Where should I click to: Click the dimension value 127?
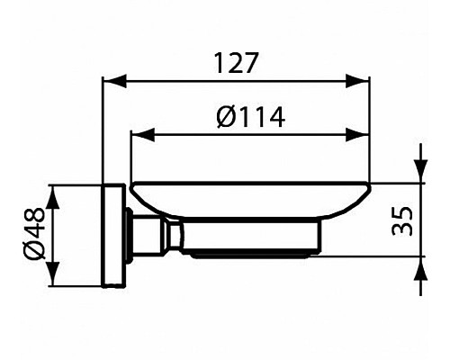236,63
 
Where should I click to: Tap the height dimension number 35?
404,220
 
